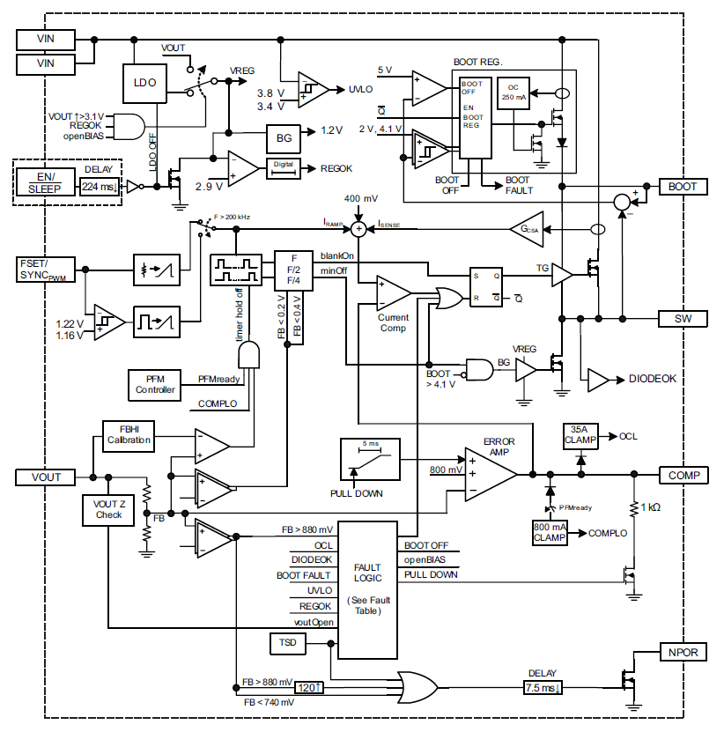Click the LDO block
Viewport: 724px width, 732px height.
coord(145,82)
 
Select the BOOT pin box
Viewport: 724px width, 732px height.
coord(683,187)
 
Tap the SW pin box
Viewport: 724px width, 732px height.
coord(683,318)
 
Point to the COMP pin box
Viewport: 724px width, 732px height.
coord(683,476)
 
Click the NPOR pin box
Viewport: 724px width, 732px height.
coord(683,653)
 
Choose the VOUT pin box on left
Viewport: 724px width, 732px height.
coord(47,477)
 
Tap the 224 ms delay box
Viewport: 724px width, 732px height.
coord(99,186)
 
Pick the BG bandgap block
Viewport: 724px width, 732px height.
coord(284,138)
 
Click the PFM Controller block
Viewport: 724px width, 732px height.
coord(155,384)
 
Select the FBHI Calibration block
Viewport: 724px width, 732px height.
coord(129,434)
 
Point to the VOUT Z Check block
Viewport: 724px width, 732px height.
coord(109,508)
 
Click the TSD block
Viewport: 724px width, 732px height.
coord(287,644)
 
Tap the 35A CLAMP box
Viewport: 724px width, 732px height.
coord(580,435)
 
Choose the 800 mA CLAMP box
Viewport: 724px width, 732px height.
coord(550,532)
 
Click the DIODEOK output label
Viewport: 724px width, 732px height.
coord(653,379)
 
